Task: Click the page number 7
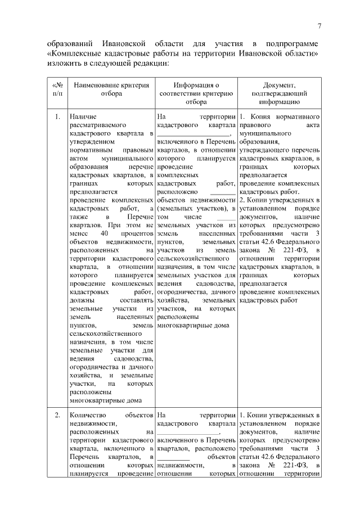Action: [319, 26]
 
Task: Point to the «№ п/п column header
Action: [57, 89]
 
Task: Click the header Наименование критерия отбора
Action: [111, 89]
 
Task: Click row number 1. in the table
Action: [57, 117]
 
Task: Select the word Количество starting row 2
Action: [84, 415]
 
